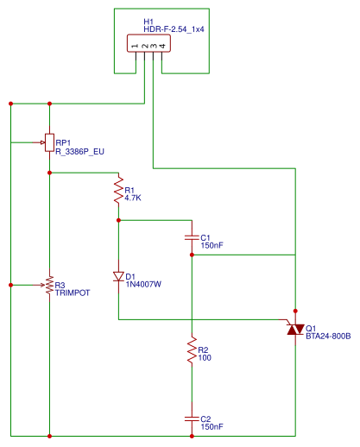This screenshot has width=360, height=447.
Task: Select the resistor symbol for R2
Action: [191, 352]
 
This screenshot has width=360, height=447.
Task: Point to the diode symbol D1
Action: [118, 277]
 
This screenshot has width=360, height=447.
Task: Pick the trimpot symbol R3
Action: [49, 285]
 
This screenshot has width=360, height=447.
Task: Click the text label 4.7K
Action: [133, 198]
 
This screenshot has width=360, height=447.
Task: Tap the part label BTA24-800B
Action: [328, 336]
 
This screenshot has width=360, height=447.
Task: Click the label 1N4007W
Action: [143, 282]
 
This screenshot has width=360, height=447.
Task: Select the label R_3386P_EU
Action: [79, 151]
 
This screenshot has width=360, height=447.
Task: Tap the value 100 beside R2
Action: [205, 358]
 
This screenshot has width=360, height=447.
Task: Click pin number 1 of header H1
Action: [136, 45]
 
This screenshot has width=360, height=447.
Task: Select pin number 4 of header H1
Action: [161, 45]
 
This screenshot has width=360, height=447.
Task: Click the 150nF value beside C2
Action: [212, 426]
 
